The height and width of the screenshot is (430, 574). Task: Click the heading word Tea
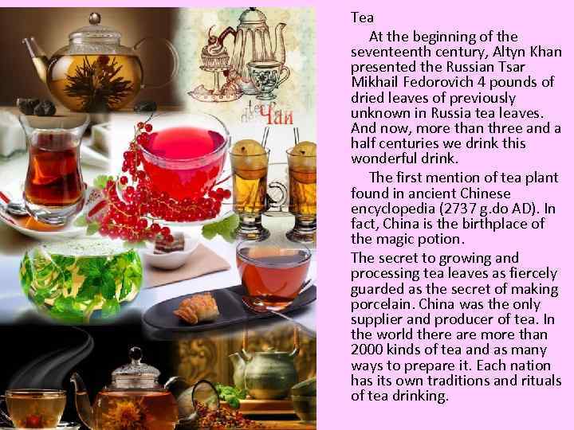[362, 18]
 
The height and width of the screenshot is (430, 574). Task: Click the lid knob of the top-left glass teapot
[94, 18]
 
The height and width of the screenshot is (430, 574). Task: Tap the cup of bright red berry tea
[184, 156]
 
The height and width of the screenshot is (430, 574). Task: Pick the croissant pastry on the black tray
[196, 309]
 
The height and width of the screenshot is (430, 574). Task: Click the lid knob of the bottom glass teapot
[136, 354]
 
